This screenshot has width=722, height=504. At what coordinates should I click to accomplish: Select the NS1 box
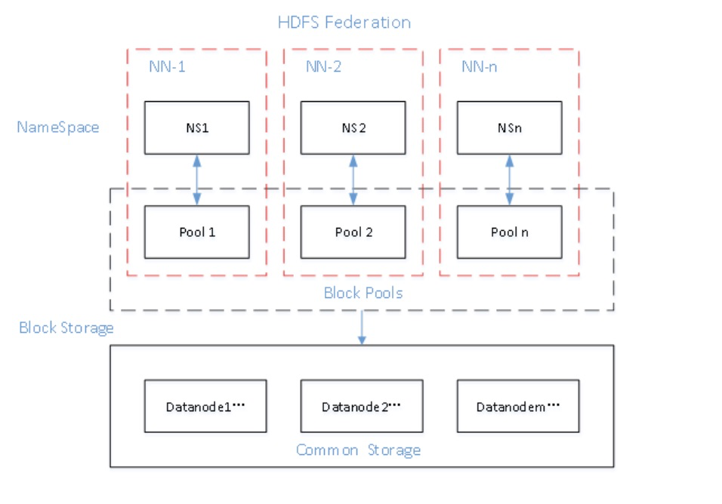click(x=197, y=127)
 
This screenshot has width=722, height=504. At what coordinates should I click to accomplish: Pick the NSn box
click(x=509, y=127)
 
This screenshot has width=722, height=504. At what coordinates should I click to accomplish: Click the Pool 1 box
click(x=197, y=232)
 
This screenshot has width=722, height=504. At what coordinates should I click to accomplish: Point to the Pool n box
click(x=509, y=232)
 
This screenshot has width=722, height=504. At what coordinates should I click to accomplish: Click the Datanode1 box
click(x=205, y=407)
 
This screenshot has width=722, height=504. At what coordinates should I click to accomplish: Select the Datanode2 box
click(x=361, y=407)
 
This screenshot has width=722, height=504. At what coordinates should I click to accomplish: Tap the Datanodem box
click(x=517, y=407)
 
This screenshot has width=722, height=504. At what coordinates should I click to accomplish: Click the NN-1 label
click(x=167, y=66)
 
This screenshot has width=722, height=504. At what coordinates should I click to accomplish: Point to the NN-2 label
click(x=323, y=66)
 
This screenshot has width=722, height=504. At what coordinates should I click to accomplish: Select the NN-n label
click(x=479, y=66)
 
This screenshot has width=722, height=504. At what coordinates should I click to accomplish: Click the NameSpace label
click(x=58, y=127)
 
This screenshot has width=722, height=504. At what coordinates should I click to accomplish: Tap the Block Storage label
click(x=66, y=327)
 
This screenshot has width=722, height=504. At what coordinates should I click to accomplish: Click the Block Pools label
click(x=363, y=293)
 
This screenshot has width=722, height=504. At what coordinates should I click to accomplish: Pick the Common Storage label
click(x=358, y=450)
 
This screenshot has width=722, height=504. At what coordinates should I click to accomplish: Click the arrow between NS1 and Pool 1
click(x=197, y=179)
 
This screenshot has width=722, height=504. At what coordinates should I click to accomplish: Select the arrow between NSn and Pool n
click(x=509, y=179)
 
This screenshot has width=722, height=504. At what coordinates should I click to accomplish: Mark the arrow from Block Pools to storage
click(x=362, y=327)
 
